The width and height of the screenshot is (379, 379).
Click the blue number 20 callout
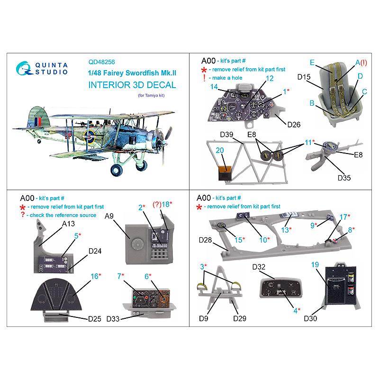(x=220, y=150)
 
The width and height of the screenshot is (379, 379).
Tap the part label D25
(x=95, y=319)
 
